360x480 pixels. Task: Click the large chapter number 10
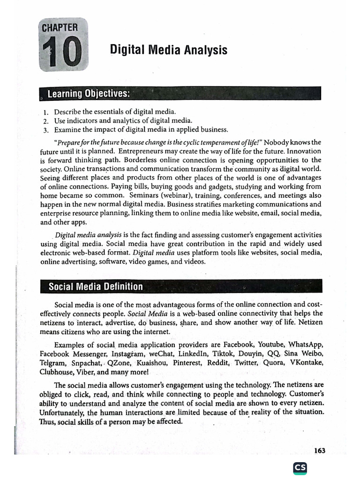coord(64,53)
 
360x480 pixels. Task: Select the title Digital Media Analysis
coord(169,50)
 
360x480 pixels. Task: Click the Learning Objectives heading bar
coord(180,93)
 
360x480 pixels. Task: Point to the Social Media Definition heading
coord(96,286)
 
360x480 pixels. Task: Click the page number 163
coord(320,450)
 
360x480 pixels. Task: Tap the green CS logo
coord(300,467)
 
